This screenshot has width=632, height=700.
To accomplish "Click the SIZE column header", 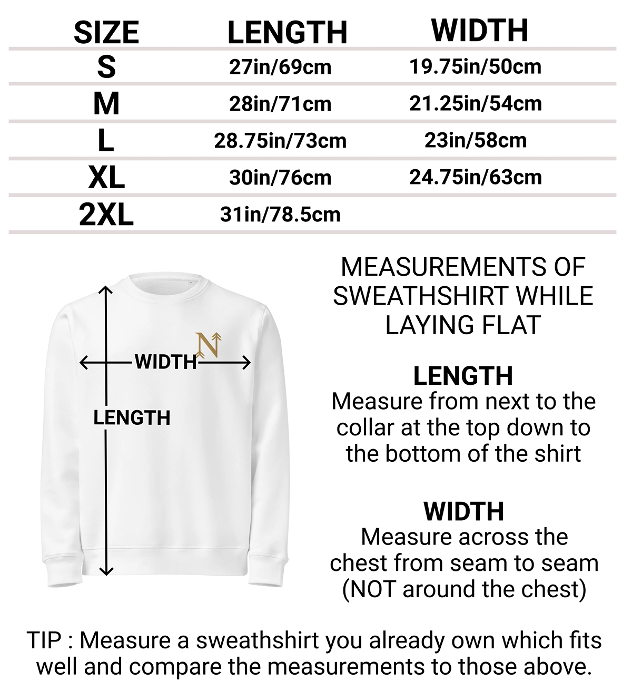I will (106, 32).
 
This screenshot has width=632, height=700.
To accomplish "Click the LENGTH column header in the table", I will (287, 32).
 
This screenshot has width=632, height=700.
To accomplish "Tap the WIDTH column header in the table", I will (480, 30).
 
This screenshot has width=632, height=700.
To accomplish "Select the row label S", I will (106, 67).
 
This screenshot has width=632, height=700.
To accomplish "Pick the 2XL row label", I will (106, 215).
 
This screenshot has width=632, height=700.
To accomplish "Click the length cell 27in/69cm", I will (280, 67).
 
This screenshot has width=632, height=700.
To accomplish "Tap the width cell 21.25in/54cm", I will (476, 103).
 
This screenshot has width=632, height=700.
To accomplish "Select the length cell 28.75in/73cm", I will (280, 141).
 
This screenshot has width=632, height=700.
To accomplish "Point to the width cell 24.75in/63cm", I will (476, 177).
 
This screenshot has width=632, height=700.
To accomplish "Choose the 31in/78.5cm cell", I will (280, 215).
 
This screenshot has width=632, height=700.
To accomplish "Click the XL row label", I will (106, 178).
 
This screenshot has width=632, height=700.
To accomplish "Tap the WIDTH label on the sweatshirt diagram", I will (165, 362).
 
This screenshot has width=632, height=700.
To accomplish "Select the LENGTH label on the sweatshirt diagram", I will (132, 418).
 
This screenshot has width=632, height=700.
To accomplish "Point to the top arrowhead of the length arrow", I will (106, 289).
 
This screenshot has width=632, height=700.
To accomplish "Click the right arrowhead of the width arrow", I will (246, 363).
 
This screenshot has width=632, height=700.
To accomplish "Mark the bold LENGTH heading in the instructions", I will (463, 376).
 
